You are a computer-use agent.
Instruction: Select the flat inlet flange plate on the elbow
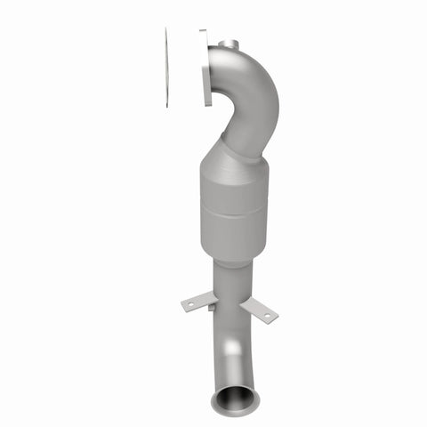point(205,68)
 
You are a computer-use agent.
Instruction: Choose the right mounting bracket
point(258,309)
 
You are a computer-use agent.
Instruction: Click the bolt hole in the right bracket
point(267,314)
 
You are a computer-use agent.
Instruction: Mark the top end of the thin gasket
point(166,30)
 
